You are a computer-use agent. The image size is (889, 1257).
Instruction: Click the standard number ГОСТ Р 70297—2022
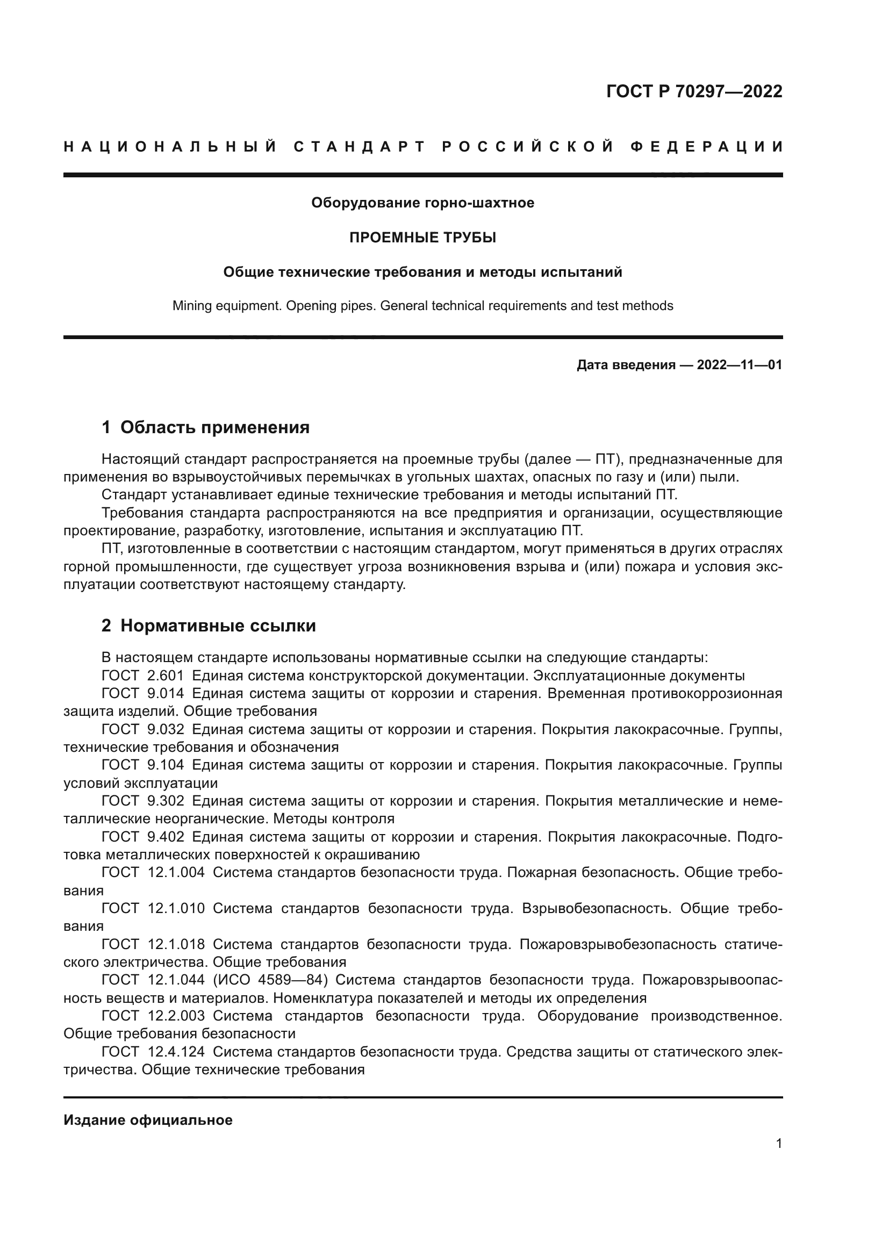693,91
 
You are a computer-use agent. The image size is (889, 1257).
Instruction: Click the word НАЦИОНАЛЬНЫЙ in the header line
170,147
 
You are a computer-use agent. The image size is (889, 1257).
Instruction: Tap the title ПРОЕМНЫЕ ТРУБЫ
422,238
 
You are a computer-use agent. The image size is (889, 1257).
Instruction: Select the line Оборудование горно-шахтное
422,203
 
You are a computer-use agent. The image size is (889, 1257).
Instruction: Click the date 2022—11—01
739,365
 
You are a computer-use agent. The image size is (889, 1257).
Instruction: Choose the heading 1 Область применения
205,428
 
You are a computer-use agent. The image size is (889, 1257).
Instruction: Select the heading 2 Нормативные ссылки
209,626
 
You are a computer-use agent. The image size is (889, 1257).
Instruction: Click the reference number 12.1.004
176,873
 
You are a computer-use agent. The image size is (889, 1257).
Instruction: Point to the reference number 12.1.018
176,944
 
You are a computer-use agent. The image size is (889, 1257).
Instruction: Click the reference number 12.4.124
176,1052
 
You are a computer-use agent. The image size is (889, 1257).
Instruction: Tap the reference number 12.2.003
176,1016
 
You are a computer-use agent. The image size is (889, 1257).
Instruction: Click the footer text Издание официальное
148,1120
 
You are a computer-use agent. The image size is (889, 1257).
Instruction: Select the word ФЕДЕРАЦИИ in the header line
707,147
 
